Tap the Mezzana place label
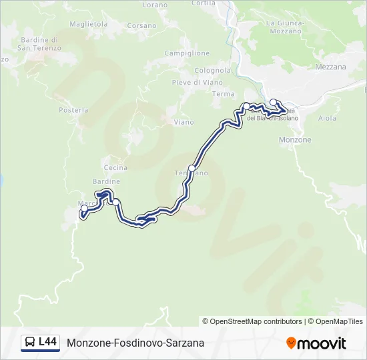(330, 67)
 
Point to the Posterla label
(73, 110)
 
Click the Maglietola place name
(89, 24)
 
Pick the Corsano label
(141, 26)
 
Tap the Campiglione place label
(187, 53)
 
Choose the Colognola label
(212, 71)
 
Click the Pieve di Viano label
(197, 83)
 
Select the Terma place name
(223, 94)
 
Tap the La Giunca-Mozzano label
(286, 27)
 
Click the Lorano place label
(155, 5)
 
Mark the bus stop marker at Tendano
(192, 168)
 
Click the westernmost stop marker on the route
(84, 209)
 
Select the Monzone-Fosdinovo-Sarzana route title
(135, 343)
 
